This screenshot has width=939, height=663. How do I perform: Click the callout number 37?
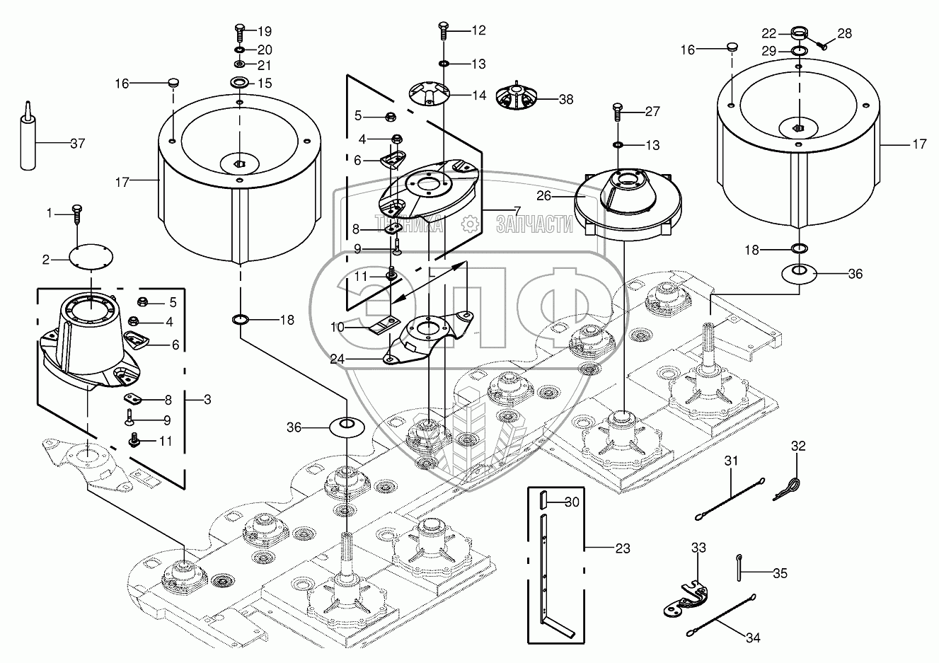tap(77, 143)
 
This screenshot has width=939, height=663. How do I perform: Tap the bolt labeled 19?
tap(238, 33)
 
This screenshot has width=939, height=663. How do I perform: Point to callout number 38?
tap(565, 100)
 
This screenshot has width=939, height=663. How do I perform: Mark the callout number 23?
tap(603, 548)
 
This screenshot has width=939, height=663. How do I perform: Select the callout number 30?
tap(572, 502)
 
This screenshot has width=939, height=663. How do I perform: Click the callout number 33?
tap(698, 548)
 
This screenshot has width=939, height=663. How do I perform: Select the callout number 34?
tap(753, 638)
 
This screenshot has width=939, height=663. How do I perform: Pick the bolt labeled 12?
tap(443, 30)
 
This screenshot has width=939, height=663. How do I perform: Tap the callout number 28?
tap(845, 33)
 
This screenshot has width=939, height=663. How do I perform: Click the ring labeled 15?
tap(238, 83)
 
